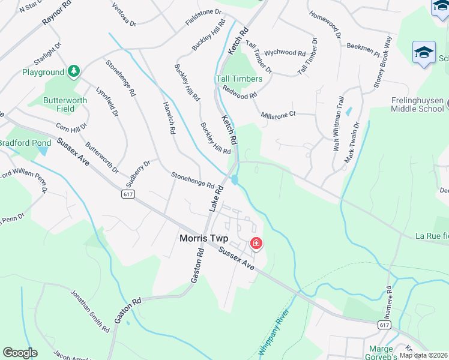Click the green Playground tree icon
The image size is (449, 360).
[x=74, y=72]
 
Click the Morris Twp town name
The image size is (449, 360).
[x=205, y=238]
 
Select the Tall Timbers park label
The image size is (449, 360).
[x=239, y=79]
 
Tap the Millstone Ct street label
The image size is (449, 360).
[x=279, y=114]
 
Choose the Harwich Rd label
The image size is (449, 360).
[x=168, y=117]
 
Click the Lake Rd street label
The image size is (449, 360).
[x=215, y=197]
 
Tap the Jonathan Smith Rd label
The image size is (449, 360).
[x=89, y=311]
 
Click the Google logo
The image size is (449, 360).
[x=20, y=353]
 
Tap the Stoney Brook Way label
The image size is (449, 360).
[x=382, y=62]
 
